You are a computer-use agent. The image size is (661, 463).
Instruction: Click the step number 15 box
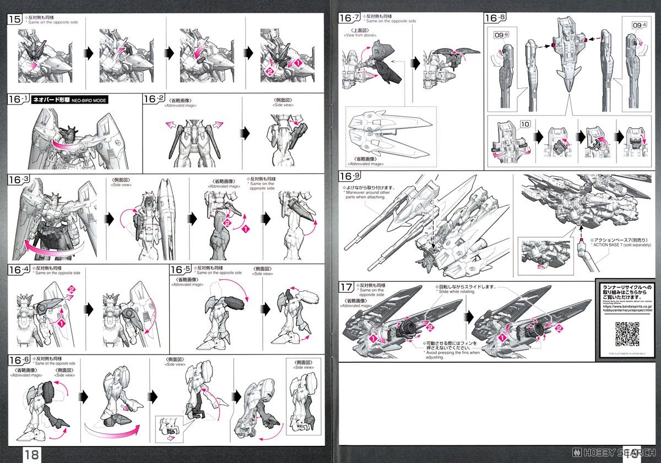15,19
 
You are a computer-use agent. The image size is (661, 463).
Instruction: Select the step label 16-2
154,99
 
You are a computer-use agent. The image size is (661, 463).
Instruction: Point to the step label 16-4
19,270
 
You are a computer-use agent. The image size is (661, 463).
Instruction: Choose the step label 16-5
181,270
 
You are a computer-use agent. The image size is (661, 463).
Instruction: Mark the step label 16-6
19,359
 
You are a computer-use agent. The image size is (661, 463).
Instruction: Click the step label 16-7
349,18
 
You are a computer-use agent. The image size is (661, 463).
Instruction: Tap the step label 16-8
495,18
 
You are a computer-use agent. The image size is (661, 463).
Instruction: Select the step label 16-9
350,177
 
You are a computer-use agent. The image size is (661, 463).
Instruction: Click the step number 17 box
346,287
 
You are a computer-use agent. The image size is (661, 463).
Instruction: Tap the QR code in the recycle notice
628,333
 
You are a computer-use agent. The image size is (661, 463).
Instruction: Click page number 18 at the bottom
30,454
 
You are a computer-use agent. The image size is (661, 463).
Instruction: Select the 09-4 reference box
633,24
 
